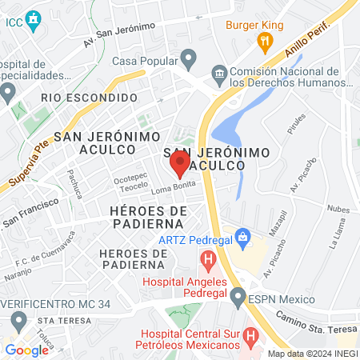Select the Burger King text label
pos(254,26)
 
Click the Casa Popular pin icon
pos(189,58)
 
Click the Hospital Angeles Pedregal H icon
pos(208,259)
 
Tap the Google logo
pos(26,350)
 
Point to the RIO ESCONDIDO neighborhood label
pos(84,97)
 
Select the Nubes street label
pos(338,210)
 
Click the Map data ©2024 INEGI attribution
pos(313,354)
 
